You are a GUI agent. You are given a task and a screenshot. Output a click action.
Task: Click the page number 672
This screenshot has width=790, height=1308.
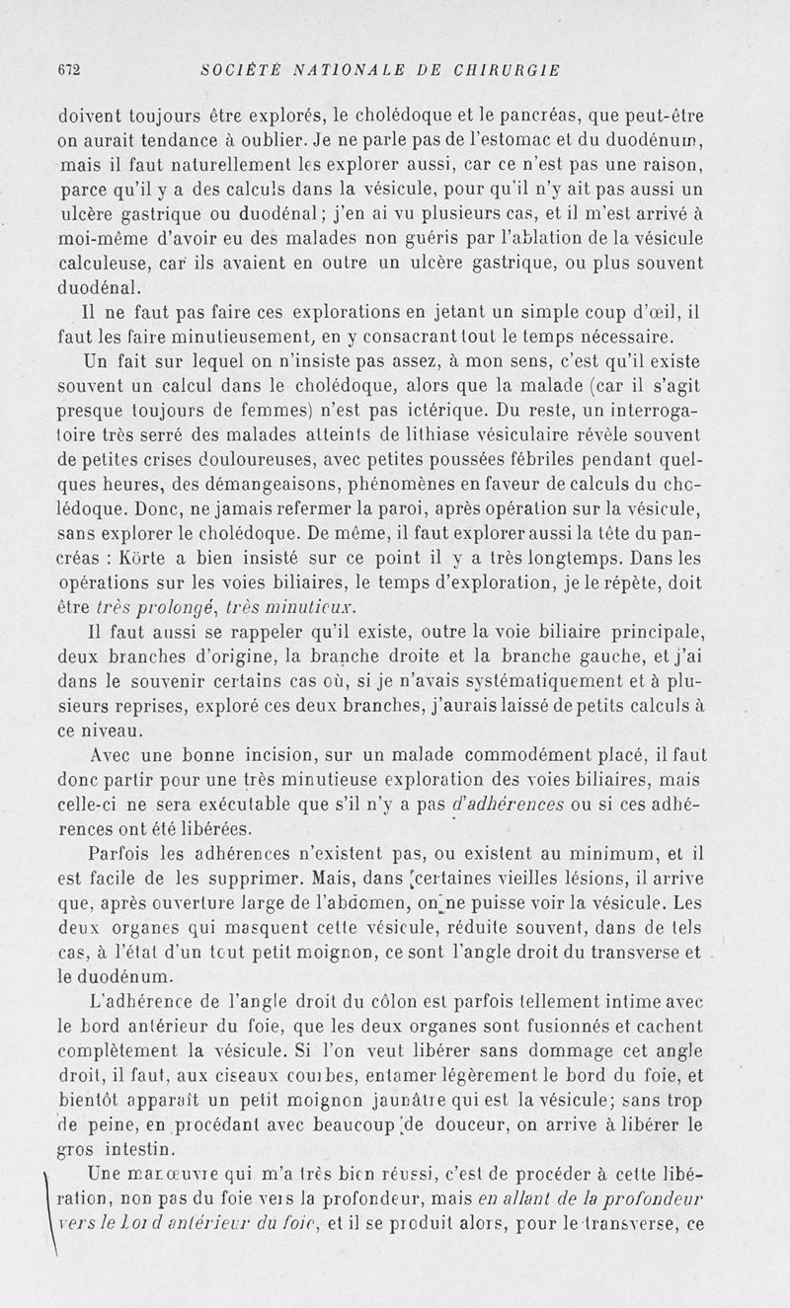[x=68, y=70]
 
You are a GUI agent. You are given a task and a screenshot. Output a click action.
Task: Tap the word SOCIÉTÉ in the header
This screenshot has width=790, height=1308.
[x=234, y=70]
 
